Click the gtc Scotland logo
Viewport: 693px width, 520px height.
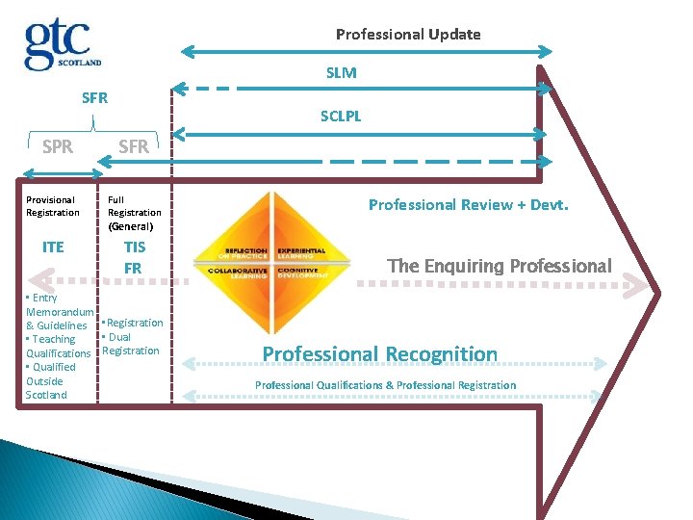click(63, 44)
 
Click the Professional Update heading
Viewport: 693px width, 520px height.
click(408, 35)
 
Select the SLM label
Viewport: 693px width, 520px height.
click(341, 72)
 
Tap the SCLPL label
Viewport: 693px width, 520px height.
click(341, 117)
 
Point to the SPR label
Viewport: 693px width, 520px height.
click(58, 146)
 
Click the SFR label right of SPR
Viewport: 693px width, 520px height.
click(133, 146)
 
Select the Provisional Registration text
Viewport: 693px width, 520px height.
click(53, 206)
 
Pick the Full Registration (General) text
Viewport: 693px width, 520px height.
click(134, 213)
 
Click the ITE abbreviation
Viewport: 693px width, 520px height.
click(53, 247)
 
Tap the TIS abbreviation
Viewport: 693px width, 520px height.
click(134, 247)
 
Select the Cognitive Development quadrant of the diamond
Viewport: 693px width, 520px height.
click(300, 273)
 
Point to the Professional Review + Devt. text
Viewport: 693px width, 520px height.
click(469, 204)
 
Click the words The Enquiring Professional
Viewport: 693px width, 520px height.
click(499, 266)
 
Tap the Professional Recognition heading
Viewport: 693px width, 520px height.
click(380, 353)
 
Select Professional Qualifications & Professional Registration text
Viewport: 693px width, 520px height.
click(385, 385)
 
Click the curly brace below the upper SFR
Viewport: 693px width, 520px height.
click(92, 123)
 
